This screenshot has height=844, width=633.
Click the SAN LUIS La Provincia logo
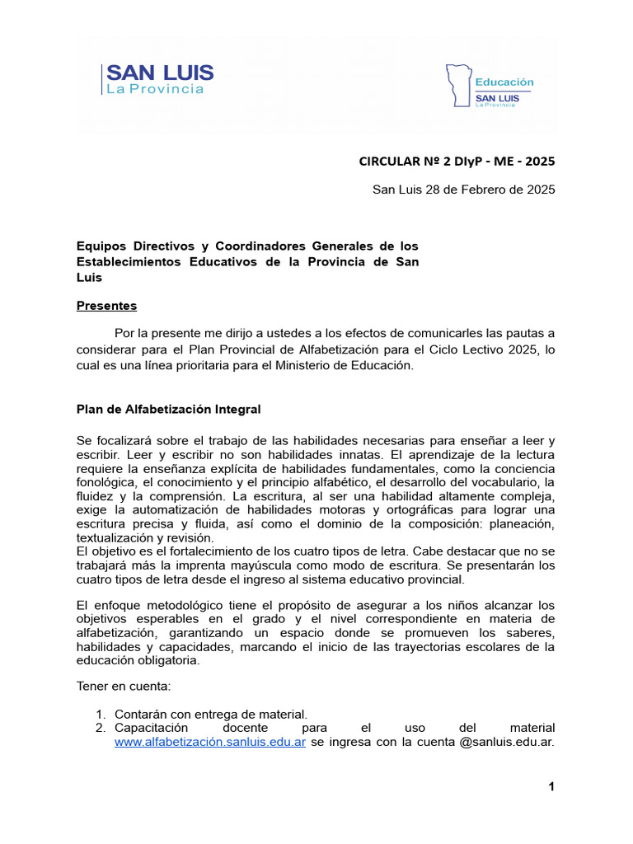click(159, 80)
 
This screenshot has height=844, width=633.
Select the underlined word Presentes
click(106, 306)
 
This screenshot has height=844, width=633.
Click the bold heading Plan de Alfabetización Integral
click(168, 409)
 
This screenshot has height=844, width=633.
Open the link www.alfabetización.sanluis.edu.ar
click(210, 742)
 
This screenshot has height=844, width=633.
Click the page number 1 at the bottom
click(551, 788)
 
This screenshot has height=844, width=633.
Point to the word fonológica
click(105, 481)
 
